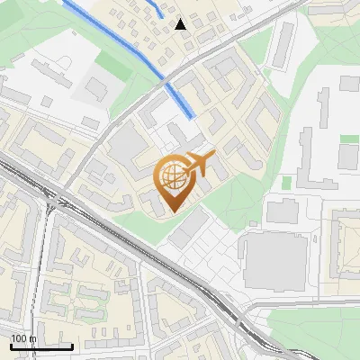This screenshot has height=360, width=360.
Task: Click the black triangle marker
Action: pos(181,24)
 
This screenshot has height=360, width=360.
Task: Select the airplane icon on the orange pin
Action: pos(198,164)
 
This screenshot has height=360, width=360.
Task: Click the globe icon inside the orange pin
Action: pos(171,173)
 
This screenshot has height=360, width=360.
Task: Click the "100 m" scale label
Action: pos(22,338)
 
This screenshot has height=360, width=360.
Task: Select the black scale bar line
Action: pos(41,346)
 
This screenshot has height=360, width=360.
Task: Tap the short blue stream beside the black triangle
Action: pos(157,8)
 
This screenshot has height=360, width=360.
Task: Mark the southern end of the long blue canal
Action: pos(190,115)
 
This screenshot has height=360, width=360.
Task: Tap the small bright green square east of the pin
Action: pos(286,183)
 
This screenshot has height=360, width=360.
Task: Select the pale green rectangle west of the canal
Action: pos(112,63)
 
